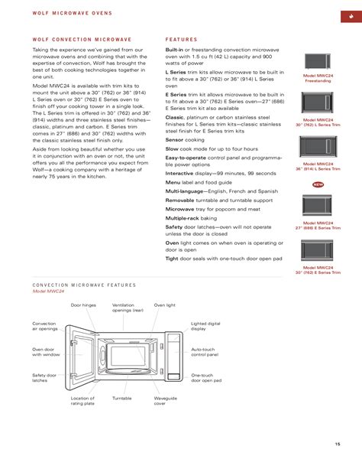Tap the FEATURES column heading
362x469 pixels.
click(181, 39)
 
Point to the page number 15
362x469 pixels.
click(336, 445)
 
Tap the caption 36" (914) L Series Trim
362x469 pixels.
click(318, 169)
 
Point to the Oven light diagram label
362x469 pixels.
click(164, 305)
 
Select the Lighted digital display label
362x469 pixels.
click(205, 327)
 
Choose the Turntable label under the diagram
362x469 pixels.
click(122, 399)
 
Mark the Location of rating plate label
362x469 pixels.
click(82, 402)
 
